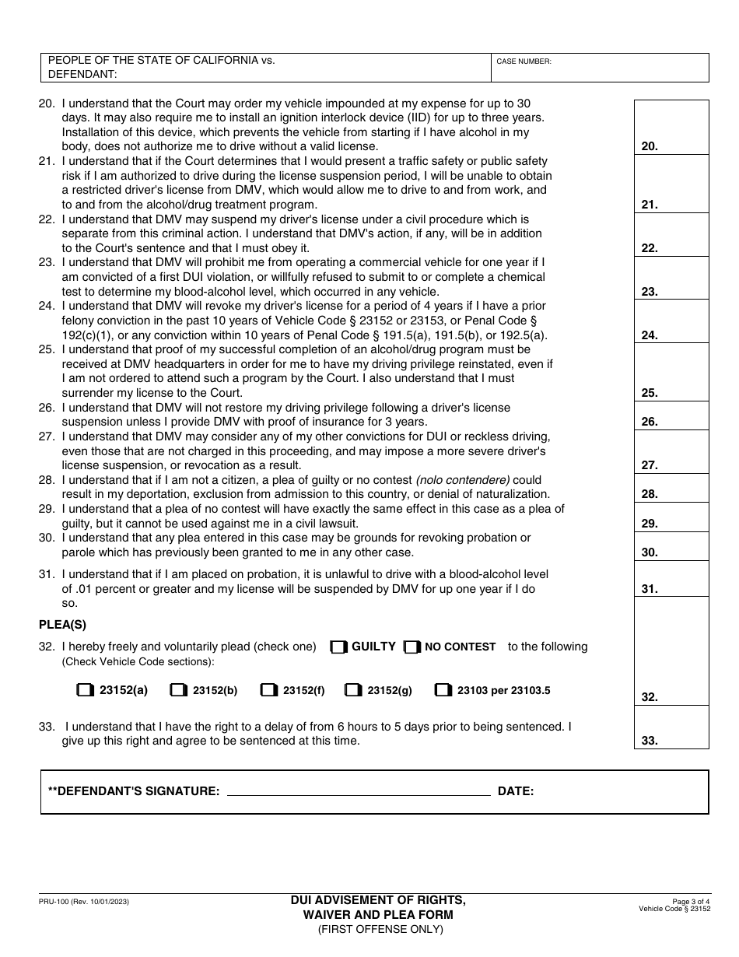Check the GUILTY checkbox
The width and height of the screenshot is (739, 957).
(x=338, y=647)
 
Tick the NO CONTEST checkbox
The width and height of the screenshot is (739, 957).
(x=412, y=647)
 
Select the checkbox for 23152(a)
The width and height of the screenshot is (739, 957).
(x=84, y=690)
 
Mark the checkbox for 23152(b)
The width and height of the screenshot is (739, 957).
(x=178, y=690)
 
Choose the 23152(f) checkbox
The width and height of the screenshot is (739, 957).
(x=268, y=690)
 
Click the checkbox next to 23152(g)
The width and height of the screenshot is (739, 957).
(x=352, y=690)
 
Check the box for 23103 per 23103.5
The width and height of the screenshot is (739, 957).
(x=443, y=690)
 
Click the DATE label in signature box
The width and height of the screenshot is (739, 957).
(x=515, y=791)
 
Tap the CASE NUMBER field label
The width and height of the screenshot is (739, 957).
(x=524, y=61)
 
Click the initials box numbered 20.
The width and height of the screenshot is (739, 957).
(x=671, y=128)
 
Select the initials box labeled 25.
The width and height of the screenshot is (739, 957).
(x=671, y=372)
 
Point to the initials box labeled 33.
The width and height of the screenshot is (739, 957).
(x=671, y=727)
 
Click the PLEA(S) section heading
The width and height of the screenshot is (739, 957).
(x=62, y=624)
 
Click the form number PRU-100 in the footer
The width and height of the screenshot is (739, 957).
(x=83, y=901)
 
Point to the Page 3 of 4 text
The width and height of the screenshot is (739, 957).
(x=688, y=900)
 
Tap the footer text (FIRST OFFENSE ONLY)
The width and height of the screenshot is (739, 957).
(x=380, y=928)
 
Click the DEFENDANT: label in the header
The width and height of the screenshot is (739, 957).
(x=82, y=74)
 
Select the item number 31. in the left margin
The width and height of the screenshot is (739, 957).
(x=47, y=574)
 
